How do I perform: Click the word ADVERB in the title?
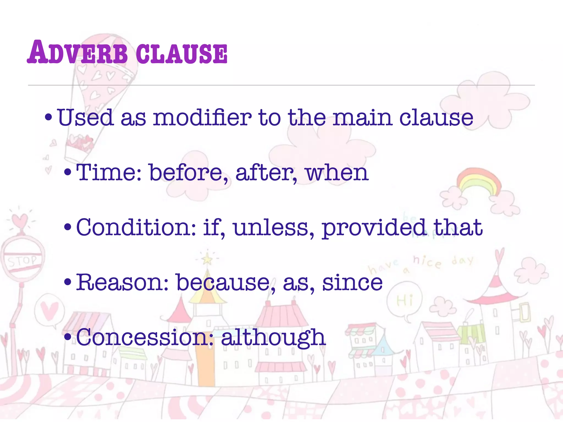tap(77, 53)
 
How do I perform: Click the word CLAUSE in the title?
tap(182, 54)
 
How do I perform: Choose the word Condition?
tap(136, 227)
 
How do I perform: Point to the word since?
tap(352, 282)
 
